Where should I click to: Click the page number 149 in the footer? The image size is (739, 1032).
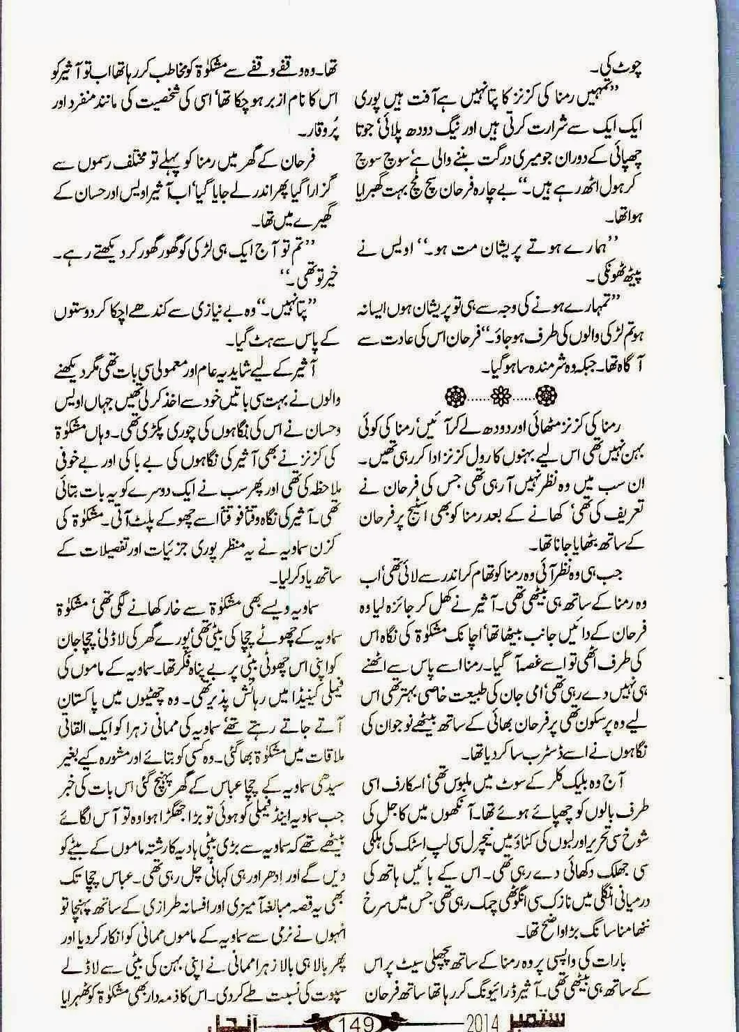click(x=357, y=1023)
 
